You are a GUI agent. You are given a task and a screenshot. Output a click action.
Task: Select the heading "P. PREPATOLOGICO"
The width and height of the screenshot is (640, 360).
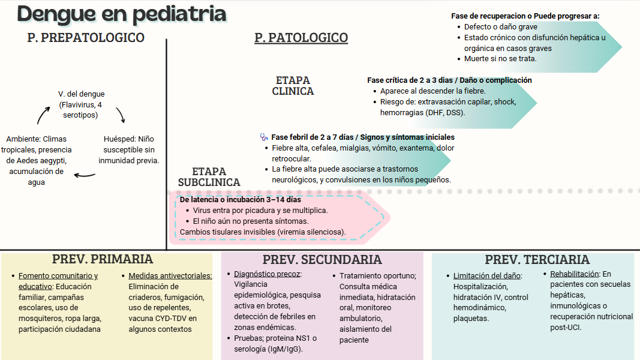pyautogui.click(x=86, y=38)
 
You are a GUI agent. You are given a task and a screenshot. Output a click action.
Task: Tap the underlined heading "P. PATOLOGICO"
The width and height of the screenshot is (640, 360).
pyautogui.click(x=301, y=38)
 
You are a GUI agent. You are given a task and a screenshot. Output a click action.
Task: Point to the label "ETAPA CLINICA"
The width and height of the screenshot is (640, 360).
pyautogui.click(x=293, y=86)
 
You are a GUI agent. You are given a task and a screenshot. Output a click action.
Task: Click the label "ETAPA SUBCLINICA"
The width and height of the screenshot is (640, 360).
pyautogui.click(x=209, y=177)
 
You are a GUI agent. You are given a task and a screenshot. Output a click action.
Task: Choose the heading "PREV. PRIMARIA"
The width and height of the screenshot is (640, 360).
pyautogui.click(x=103, y=259)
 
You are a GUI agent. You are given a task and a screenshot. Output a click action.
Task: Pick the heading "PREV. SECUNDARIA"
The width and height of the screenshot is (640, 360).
pyautogui.click(x=322, y=260)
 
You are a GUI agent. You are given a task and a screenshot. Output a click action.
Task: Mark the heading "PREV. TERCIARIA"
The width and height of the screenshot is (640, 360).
pyautogui.click(x=537, y=260)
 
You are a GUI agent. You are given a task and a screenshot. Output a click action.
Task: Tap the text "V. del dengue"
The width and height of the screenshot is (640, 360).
pyautogui.click(x=82, y=94)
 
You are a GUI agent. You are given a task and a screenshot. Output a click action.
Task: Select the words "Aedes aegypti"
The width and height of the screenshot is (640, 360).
pyautogui.click(x=43, y=161)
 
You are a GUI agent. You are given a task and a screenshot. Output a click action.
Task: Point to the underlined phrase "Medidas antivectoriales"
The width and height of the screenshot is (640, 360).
pyautogui.click(x=170, y=276)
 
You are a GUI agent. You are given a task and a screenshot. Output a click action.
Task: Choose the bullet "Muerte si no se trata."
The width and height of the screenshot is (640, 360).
pyautogui.click(x=500, y=59)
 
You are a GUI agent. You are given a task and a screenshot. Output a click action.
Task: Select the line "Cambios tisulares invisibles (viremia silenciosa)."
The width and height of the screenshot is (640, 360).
pyautogui.click(x=263, y=232)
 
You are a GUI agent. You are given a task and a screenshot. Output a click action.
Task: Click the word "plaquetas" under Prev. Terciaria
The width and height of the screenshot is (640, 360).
pyautogui.click(x=471, y=319)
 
